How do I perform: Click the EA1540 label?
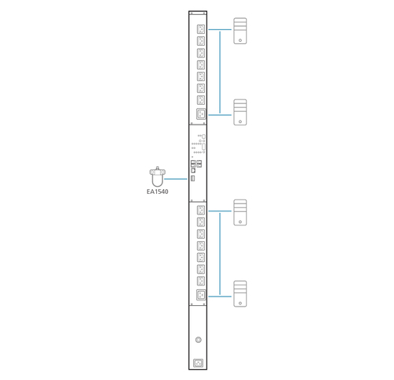pos(158,192)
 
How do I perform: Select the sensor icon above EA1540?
pos(158,177)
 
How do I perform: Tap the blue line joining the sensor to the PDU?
pos(176,179)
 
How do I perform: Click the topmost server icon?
pos(240,31)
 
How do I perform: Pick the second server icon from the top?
pos(240,112)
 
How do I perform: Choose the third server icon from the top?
pos(240,212)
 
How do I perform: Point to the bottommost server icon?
pos(240,294)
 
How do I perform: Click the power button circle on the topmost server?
pos(240,40)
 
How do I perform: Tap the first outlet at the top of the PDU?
pos(201,29)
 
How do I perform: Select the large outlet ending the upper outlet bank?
pos(201,114)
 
